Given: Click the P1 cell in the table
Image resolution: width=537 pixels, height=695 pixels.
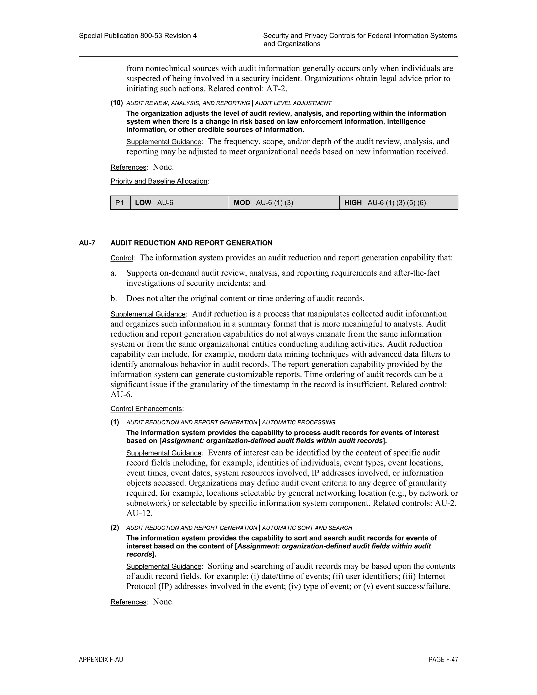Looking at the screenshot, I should (x=120, y=203).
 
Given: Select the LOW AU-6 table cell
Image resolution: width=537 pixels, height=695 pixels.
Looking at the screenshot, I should (x=179, y=203).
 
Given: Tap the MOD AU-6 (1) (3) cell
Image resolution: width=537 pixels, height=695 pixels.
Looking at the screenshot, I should (x=284, y=203).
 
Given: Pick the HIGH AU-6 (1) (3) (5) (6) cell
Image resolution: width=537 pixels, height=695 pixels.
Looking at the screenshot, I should (x=398, y=203).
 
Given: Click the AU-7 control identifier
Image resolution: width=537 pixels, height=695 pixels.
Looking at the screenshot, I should (x=87, y=243).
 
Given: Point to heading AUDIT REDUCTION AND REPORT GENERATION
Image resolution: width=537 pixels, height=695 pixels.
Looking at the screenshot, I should (x=191, y=243).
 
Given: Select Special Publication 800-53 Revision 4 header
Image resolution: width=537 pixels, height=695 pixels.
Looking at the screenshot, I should (x=138, y=36).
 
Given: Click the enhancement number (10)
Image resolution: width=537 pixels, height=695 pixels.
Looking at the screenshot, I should (x=116, y=103).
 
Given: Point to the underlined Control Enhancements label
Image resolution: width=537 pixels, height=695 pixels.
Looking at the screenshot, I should (x=146, y=409).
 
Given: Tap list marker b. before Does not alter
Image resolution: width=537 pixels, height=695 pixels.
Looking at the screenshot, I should (x=114, y=298).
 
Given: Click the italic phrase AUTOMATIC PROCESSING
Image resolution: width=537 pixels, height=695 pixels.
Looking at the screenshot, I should (x=298, y=423).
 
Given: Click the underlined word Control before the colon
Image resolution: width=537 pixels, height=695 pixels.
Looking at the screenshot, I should (x=121, y=258).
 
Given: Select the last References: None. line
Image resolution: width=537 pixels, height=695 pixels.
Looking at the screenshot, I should (x=142, y=602).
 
